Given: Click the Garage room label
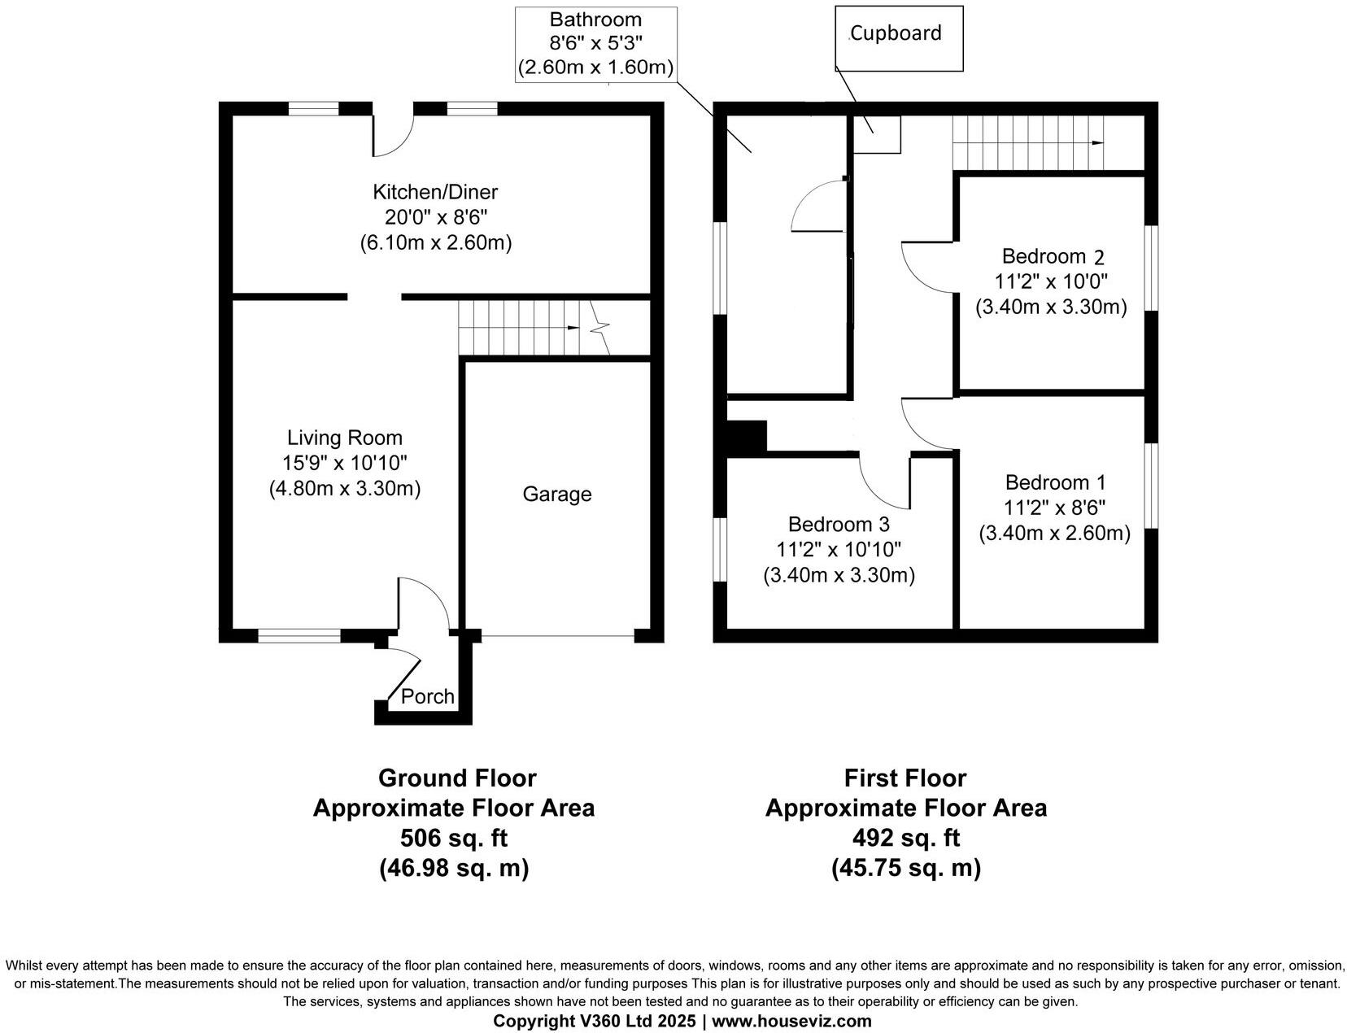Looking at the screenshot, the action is [x=556, y=495].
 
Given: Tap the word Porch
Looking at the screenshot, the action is [x=428, y=696].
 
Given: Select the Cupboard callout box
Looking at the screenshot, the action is [x=899, y=37].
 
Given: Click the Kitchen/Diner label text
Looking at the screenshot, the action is [x=435, y=192].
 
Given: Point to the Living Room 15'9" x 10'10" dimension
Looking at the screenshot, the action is [x=345, y=463].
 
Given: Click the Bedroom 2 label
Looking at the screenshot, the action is [x=1053, y=256].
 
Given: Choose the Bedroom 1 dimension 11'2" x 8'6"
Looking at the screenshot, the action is [x=1054, y=508].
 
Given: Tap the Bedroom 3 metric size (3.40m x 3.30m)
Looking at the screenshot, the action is [x=839, y=575].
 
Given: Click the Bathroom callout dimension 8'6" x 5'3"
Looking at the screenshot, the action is [x=596, y=43].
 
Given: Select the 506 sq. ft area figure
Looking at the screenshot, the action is [x=454, y=838].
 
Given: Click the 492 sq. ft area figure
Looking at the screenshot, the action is [x=905, y=838].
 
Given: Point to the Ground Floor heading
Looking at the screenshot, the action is [x=457, y=778].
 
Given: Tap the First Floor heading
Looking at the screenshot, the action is [x=905, y=778].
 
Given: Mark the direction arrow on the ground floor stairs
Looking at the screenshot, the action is [x=573, y=328].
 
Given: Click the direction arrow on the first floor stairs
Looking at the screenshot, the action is [x=1097, y=143].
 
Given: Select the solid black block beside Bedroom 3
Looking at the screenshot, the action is [x=747, y=435].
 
